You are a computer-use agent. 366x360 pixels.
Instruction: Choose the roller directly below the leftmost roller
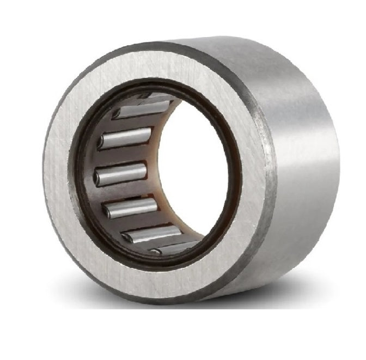click(x=131, y=208)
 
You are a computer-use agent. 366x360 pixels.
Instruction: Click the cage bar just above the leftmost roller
click(x=121, y=157)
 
